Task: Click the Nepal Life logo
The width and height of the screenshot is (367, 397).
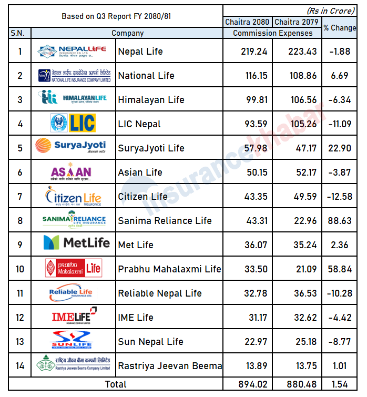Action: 73,51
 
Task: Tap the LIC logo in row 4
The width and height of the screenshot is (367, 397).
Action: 73,124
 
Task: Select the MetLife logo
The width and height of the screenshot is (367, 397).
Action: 77,242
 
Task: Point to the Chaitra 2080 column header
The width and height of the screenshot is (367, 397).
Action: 247,22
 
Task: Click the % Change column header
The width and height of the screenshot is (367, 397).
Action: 340,28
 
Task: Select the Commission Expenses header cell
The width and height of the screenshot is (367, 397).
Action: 272,33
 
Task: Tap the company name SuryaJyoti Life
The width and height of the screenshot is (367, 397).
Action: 151,148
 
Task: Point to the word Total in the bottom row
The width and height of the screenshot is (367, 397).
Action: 116,384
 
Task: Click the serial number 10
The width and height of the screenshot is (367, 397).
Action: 20,269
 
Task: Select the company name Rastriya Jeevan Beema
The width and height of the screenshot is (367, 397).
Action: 169,366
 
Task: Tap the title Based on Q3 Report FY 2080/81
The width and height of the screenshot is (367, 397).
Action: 116,16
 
